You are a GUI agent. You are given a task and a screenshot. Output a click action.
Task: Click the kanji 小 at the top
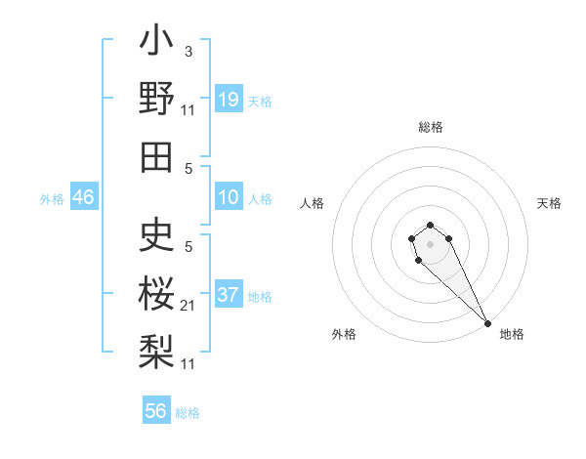tap(156, 44)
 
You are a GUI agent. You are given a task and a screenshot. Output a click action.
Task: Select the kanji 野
tap(156, 99)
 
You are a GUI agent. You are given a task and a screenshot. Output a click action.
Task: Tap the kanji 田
tap(156, 156)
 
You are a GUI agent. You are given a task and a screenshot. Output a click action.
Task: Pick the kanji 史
tap(156, 234)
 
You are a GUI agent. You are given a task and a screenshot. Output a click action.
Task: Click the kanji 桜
tap(156, 293)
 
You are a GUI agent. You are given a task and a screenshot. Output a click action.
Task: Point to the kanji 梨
tap(156, 350)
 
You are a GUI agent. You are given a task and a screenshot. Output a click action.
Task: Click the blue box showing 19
tap(229, 100)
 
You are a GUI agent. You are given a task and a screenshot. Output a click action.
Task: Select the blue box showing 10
tap(229, 198)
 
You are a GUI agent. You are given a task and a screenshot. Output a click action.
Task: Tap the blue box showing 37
tap(229, 295)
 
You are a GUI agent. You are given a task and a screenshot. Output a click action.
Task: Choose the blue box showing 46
tap(84, 198)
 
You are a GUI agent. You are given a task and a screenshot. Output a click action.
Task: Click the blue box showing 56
tap(156, 411)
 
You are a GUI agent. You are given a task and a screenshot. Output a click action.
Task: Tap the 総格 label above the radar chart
tap(431, 127)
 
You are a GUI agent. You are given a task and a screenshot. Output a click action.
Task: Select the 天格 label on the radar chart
tap(549, 203)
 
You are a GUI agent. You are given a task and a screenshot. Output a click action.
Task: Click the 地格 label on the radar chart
tap(512, 334)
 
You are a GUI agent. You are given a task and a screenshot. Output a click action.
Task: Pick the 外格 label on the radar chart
tap(344, 334)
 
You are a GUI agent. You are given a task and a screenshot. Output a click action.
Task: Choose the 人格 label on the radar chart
tap(313, 203)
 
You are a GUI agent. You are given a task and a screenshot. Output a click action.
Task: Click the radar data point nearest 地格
tap(487, 322)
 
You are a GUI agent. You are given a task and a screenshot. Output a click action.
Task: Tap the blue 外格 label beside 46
tap(52, 199)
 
